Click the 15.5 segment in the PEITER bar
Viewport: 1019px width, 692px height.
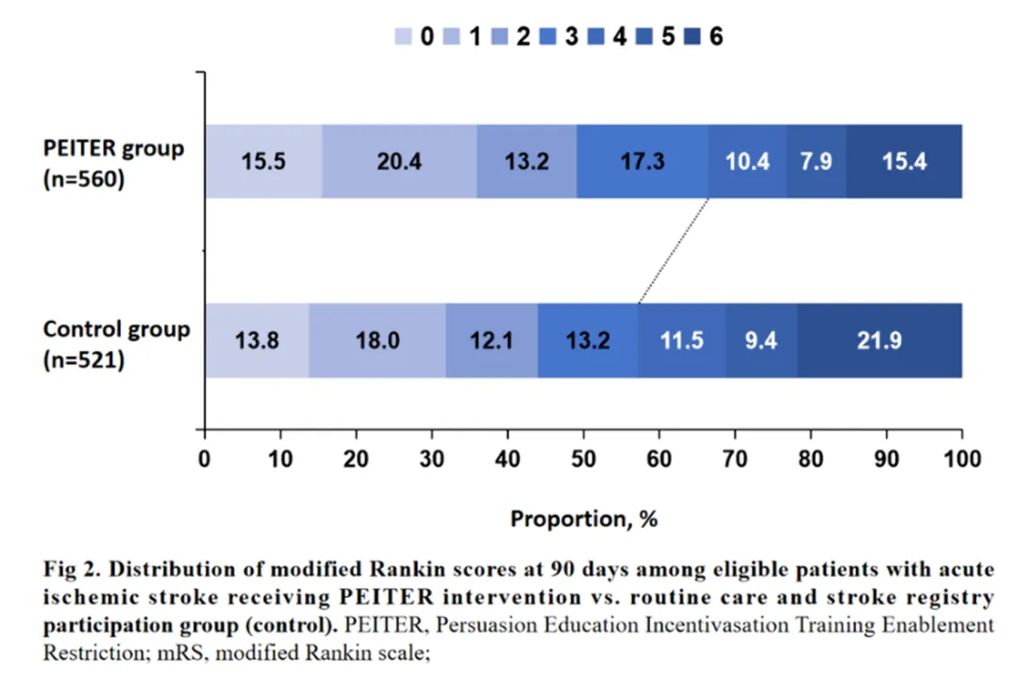click(x=263, y=161)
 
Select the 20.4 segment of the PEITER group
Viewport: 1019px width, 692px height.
click(x=399, y=161)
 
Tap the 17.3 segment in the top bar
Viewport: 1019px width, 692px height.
click(x=642, y=161)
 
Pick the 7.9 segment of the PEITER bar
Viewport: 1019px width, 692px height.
click(x=816, y=161)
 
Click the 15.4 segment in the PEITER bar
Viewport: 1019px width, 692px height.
click(x=904, y=161)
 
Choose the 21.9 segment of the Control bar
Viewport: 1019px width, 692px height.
click(x=879, y=340)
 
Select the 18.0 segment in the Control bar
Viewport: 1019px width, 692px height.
click(x=377, y=340)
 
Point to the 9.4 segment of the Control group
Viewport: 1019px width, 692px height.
click(x=761, y=340)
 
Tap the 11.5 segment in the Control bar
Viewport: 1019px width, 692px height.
click(x=681, y=340)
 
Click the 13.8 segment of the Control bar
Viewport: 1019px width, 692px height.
click(x=257, y=340)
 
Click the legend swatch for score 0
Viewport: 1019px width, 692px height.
click(x=403, y=38)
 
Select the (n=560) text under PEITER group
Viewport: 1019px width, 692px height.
click(x=84, y=180)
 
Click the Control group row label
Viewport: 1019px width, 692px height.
click(x=116, y=331)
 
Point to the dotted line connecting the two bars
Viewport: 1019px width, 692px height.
click(x=674, y=251)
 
